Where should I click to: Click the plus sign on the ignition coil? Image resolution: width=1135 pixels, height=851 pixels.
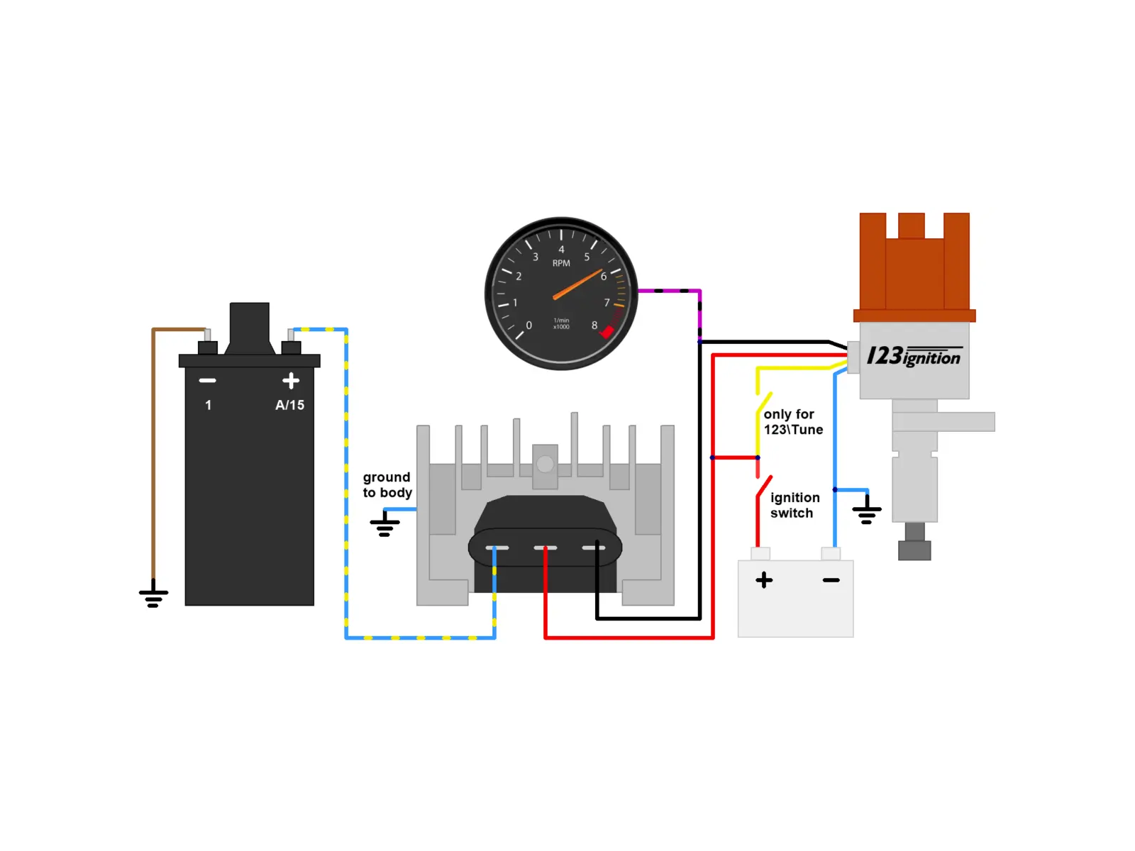coord(291,381)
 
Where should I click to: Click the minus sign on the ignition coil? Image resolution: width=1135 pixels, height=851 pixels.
coord(207,381)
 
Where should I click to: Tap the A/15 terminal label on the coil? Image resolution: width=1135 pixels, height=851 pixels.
coord(289,405)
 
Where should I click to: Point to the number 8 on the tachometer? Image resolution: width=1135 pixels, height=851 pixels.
coord(594,326)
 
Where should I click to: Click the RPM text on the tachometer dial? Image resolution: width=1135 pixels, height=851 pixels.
coord(561,263)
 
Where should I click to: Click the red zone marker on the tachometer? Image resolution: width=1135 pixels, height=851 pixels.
coord(607,332)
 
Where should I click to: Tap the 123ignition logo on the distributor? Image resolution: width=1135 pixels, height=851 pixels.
coord(914,356)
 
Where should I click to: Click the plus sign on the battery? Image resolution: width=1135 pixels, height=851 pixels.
coord(764,579)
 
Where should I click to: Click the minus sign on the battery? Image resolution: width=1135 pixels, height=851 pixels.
coord(831,580)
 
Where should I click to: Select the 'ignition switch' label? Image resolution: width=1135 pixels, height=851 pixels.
coord(794,506)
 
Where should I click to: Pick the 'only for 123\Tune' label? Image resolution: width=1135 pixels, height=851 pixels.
coord(792,422)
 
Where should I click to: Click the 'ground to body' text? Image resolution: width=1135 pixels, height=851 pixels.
coord(387,484)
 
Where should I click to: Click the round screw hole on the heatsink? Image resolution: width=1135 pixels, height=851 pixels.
coord(545,464)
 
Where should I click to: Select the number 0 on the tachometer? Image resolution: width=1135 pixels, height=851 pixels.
coord(528,326)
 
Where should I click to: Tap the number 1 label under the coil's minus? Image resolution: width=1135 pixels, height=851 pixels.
coord(208,405)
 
